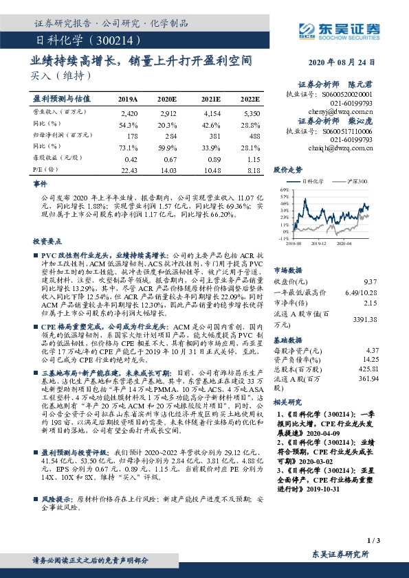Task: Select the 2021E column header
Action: [x=211, y=100]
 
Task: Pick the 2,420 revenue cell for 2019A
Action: [x=129, y=112]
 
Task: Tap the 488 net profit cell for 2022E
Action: [x=254, y=136]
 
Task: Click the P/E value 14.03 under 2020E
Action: [x=168, y=170]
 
